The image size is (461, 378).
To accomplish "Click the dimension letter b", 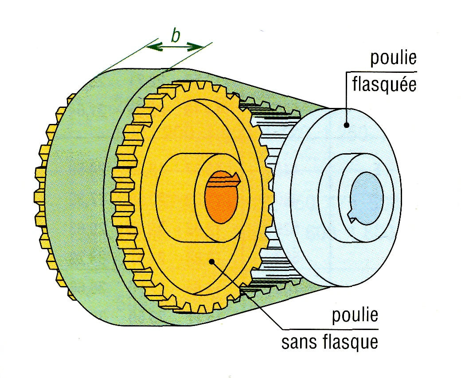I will point(176,36).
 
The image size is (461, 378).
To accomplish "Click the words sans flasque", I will point(331,342).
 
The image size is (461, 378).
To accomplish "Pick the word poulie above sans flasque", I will point(355,316).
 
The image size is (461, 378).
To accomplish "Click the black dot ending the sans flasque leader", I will point(212,261).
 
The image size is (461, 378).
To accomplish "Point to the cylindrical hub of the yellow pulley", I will point(177,195).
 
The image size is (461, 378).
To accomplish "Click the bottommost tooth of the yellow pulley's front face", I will point(195,308).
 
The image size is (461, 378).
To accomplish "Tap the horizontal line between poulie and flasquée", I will point(381,71).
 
